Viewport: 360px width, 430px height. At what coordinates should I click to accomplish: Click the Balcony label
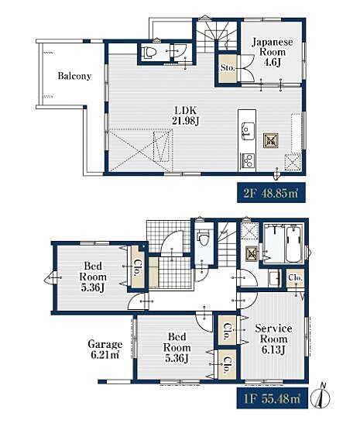[74, 76]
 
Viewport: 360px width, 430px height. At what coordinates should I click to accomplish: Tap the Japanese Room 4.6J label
[272, 52]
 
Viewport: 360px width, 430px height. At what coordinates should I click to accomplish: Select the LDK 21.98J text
[185, 115]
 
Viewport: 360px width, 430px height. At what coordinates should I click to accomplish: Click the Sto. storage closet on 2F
[228, 68]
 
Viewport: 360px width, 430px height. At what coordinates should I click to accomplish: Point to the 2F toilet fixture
[149, 52]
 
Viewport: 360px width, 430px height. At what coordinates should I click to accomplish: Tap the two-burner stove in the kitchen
[248, 160]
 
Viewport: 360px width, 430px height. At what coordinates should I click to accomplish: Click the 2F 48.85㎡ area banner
[271, 192]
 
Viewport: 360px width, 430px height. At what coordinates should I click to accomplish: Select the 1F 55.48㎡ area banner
[273, 398]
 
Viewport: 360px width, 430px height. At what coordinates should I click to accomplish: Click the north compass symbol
[323, 396]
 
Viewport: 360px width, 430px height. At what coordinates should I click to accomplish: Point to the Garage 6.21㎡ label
[105, 349]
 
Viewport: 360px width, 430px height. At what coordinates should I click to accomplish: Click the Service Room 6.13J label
[273, 339]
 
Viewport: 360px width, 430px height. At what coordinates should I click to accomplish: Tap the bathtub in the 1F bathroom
[293, 244]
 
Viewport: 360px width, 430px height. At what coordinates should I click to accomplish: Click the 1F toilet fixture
[204, 238]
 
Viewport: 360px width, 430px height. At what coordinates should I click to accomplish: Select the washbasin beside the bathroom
[274, 278]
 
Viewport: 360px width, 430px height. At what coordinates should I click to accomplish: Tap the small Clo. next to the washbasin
[295, 278]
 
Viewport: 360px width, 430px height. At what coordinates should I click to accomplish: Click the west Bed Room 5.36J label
[92, 277]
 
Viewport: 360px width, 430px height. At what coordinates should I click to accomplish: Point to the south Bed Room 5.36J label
[177, 348]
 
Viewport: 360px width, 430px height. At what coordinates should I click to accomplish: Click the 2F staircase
[217, 35]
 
